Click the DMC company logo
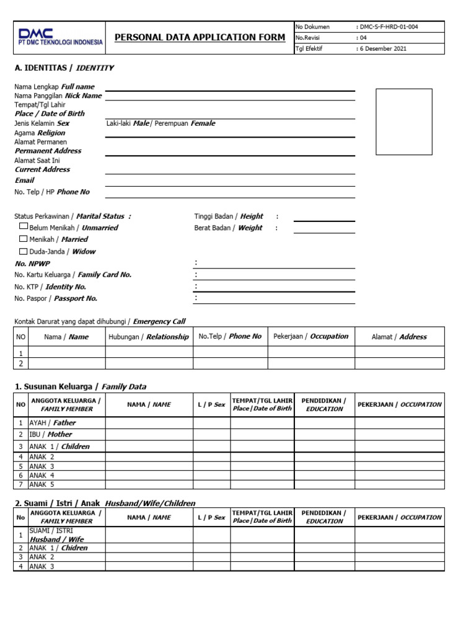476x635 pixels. click(60, 37)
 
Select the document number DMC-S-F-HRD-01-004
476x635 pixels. click(391, 27)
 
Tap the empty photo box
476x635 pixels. click(403, 122)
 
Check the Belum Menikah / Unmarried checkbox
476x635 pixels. click(24, 228)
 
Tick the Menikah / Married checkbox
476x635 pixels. click(24, 239)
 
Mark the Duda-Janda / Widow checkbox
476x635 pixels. click(24, 251)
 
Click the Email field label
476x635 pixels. click(25, 180)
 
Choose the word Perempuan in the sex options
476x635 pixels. click(172, 123)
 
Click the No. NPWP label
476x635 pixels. click(32, 264)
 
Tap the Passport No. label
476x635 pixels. click(56, 298)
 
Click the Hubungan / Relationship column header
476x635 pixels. click(149, 337)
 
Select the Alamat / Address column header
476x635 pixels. click(399, 337)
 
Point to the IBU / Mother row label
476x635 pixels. click(51, 434)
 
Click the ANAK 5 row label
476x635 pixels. click(42, 484)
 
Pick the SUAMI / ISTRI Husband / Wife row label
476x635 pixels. click(56, 535)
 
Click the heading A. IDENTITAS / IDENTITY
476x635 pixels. click(64, 68)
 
